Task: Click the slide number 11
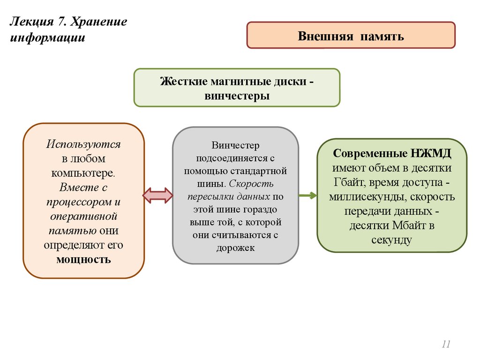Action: point(445,345)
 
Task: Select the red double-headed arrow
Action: point(158,195)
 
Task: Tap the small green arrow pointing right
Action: point(307,195)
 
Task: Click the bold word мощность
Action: point(83,259)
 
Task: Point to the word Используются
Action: point(83,144)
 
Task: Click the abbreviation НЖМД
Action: point(431,153)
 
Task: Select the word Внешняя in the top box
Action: point(325,36)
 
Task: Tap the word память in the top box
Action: point(382,36)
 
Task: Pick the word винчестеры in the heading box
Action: point(237,96)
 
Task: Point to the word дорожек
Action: point(235,247)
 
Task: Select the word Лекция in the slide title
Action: point(29,22)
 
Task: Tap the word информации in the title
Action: point(48,37)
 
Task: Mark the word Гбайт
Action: point(349,182)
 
